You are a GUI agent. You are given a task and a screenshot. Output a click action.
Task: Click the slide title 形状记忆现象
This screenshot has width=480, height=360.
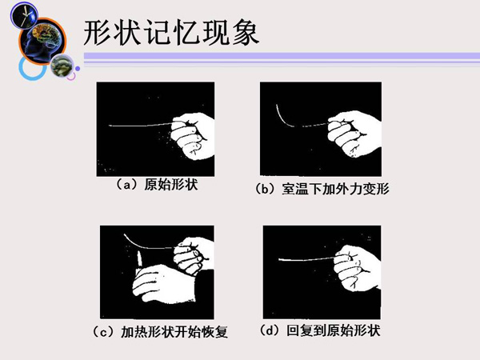[171, 33]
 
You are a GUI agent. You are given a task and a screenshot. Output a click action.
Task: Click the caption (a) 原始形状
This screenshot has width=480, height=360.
[157, 185]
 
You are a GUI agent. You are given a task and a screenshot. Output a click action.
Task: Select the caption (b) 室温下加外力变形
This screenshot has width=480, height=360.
[322, 189]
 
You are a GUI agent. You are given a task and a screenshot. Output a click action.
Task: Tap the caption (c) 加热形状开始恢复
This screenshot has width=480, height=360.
[160, 331]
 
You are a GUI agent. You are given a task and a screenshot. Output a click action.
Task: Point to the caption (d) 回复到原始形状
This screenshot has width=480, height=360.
[320, 330]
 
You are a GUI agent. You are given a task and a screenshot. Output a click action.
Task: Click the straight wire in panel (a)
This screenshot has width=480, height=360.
[141, 125]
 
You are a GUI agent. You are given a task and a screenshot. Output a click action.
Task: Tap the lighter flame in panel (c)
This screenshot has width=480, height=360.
[139, 259]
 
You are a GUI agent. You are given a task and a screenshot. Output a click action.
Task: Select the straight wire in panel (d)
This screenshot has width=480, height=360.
[307, 259]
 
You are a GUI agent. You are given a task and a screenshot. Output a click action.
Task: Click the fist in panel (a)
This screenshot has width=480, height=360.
[193, 136]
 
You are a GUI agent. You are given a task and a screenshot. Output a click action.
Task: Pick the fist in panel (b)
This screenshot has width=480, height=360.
[354, 134]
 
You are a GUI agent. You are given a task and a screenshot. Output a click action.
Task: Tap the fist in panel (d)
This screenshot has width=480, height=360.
[358, 269]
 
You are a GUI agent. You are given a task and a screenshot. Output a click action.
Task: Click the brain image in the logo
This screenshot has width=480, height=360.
[42, 41]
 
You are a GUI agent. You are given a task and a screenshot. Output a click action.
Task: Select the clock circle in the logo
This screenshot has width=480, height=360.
[24, 15]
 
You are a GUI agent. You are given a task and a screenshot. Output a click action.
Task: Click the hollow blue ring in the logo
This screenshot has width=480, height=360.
[32, 68]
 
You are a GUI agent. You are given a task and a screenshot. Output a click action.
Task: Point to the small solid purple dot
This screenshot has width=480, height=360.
[78, 69]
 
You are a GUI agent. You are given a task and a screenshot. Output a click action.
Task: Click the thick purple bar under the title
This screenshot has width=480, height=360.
[282, 56]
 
